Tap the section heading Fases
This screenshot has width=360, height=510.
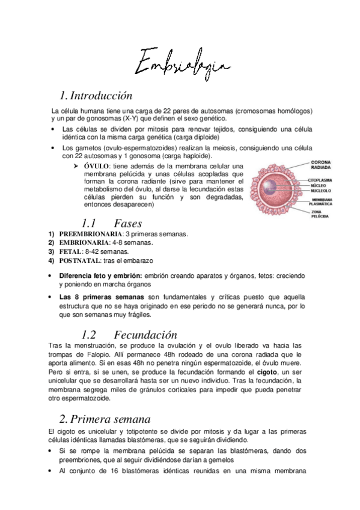[127, 223]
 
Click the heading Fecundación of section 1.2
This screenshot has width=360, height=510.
[145, 335]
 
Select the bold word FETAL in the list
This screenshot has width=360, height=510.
[70, 251]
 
